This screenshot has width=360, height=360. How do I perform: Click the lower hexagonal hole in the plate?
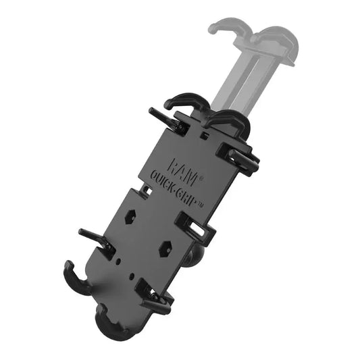164,248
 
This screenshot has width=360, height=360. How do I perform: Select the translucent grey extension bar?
240,78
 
